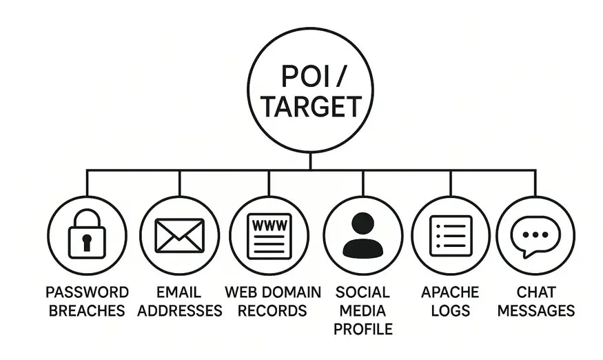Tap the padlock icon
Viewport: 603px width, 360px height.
tap(87, 234)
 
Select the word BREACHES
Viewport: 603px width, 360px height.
tap(87, 310)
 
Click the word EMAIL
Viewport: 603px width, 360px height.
tap(179, 292)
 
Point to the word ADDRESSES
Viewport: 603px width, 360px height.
tap(180, 310)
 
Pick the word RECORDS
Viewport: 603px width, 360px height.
tap(273, 310)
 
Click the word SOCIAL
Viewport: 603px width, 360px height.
tap(362, 292)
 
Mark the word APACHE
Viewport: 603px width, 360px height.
tap(450, 292)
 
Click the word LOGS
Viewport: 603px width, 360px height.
tap(450, 310)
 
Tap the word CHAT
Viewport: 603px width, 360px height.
tap(535, 292)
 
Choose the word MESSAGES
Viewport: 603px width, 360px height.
tap(535, 310)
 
